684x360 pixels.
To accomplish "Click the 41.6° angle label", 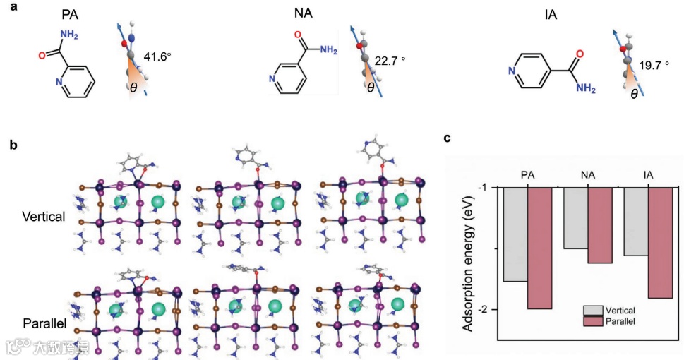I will tap(157, 56).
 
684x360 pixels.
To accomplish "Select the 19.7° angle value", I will tap(654, 65).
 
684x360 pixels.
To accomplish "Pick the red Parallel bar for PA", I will tap(540, 248).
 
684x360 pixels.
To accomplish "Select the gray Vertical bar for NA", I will tap(575, 218).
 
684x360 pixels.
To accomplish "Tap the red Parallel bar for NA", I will tap(599, 226).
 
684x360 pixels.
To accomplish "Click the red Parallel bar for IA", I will tap(659, 243).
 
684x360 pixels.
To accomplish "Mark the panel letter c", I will tap(448, 138).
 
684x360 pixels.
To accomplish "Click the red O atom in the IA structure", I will tap(579, 54).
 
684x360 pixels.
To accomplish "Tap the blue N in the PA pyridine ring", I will tap(60, 82).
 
